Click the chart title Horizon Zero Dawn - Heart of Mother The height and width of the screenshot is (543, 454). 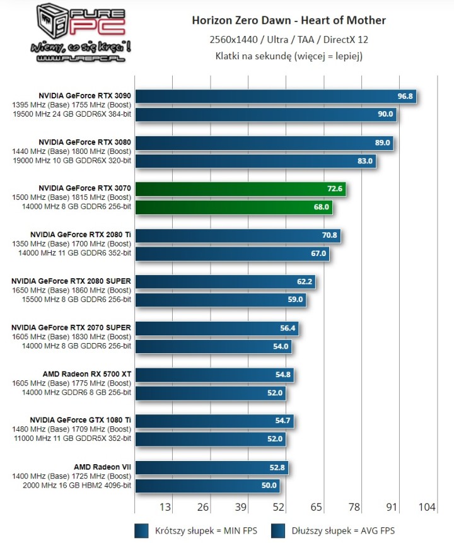(x=289, y=21)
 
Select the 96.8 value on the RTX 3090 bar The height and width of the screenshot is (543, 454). (x=405, y=96)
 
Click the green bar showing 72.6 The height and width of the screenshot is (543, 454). (x=240, y=189)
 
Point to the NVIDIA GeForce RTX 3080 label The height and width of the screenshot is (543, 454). (x=84, y=142)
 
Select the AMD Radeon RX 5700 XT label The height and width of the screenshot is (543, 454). (x=87, y=374)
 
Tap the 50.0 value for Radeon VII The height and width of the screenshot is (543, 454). (x=269, y=485)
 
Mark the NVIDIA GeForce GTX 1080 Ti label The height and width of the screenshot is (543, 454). (x=81, y=420)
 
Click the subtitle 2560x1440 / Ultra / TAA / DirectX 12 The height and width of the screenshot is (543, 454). (x=289, y=40)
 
